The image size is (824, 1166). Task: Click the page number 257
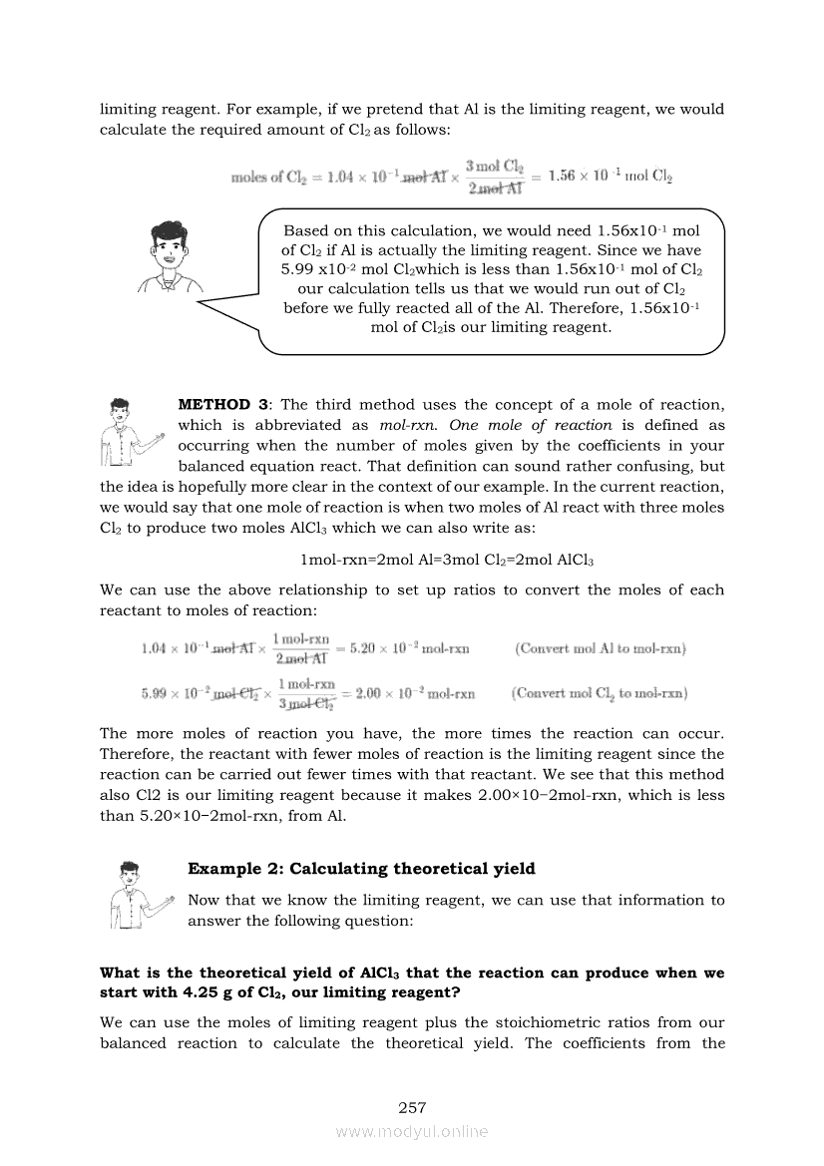(412, 1107)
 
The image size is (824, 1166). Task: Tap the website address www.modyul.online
(412, 1131)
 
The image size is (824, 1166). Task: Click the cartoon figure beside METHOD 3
(128, 432)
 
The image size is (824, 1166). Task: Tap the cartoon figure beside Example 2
(135, 894)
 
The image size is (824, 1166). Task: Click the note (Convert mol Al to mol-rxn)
(601, 648)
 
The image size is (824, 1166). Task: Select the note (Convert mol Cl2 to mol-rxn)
(599, 693)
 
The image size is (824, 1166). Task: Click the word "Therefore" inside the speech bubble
(553, 308)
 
